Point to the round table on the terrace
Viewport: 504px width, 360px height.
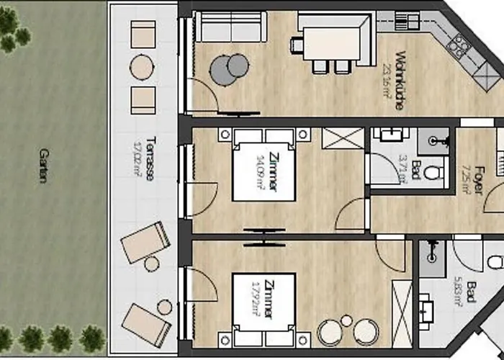tap(143, 68)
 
